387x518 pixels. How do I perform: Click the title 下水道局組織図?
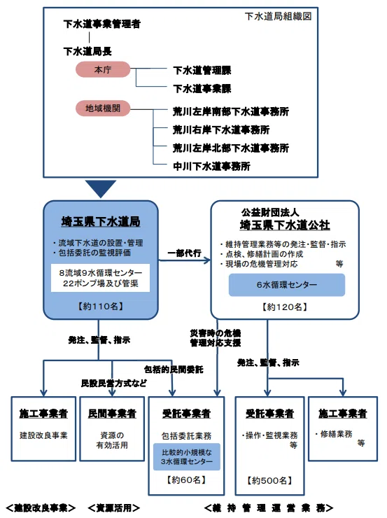click(278, 16)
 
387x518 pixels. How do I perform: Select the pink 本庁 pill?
click(103, 69)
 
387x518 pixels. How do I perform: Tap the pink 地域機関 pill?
click(103, 108)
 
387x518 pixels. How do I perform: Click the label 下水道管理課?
click(202, 71)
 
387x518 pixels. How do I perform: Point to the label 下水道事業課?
click(202, 88)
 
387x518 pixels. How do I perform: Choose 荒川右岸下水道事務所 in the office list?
click(221, 129)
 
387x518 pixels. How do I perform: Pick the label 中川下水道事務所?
click(211, 166)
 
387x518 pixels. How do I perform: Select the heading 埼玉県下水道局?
click(101, 222)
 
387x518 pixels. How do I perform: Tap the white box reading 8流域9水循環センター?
click(100, 278)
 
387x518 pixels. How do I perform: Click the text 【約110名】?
click(100, 306)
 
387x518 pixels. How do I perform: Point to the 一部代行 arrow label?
click(184, 253)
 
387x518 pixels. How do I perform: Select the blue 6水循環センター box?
click(287, 285)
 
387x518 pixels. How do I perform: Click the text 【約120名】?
click(285, 307)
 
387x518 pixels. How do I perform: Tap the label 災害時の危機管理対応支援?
click(216, 338)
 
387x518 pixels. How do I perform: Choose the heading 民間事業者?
click(112, 414)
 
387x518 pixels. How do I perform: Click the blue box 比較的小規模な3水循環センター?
click(187, 457)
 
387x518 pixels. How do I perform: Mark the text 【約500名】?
click(269, 481)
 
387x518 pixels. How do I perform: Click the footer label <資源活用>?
click(113, 507)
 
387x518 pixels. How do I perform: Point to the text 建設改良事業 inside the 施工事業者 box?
click(43, 435)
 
